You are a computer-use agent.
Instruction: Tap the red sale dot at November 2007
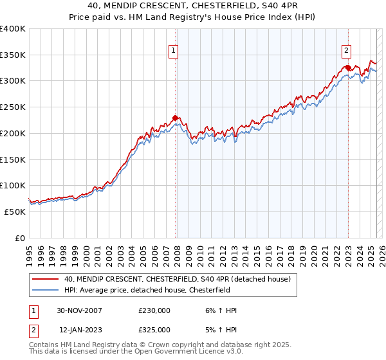(x=175, y=118)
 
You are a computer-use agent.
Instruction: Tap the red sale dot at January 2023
(x=347, y=67)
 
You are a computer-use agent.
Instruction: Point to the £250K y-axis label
(x=13, y=107)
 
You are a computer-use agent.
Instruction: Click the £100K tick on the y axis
(x=13, y=186)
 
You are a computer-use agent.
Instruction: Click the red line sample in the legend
(x=45, y=279)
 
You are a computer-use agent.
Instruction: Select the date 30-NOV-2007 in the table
(x=80, y=310)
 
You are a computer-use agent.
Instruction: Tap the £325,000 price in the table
(x=154, y=329)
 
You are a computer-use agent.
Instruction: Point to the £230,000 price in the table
(x=154, y=310)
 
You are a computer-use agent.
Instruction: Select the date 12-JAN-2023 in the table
(x=80, y=329)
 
